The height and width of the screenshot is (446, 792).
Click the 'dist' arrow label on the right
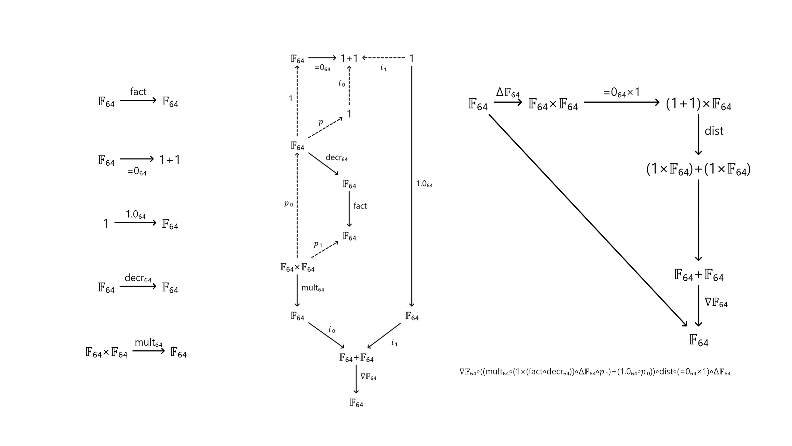coord(714,131)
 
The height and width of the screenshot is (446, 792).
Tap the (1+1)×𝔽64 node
coord(698,104)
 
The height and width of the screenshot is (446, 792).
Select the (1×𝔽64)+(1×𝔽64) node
coord(698,169)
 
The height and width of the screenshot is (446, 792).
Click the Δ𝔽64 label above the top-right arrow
coord(508,93)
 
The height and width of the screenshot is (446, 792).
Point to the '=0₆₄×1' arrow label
coord(621,93)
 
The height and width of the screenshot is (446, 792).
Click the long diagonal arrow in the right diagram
coord(588,220)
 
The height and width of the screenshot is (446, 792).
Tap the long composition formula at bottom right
coord(595,372)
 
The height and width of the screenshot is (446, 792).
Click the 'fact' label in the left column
coord(138,92)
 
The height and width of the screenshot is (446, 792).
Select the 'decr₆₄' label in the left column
coord(138,278)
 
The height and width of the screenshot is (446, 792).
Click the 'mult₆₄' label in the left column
coord(148,343)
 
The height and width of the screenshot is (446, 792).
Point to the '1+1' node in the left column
coord(170,160)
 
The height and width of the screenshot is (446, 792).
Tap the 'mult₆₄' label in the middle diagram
coord(312,288)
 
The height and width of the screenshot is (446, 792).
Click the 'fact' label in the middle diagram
coord(360,206)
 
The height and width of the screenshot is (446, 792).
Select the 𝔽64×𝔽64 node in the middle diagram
coord(297,268)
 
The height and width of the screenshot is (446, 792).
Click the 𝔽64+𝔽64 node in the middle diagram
coord(356,358)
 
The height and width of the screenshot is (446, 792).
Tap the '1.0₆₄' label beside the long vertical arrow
coord(424,184)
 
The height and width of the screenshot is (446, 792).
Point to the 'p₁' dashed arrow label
coord(318,244)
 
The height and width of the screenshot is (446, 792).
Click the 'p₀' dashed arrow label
coord(288,203)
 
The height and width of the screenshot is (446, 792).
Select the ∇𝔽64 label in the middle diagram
coord(368,377)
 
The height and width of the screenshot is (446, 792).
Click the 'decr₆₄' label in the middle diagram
coord(336,158)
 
